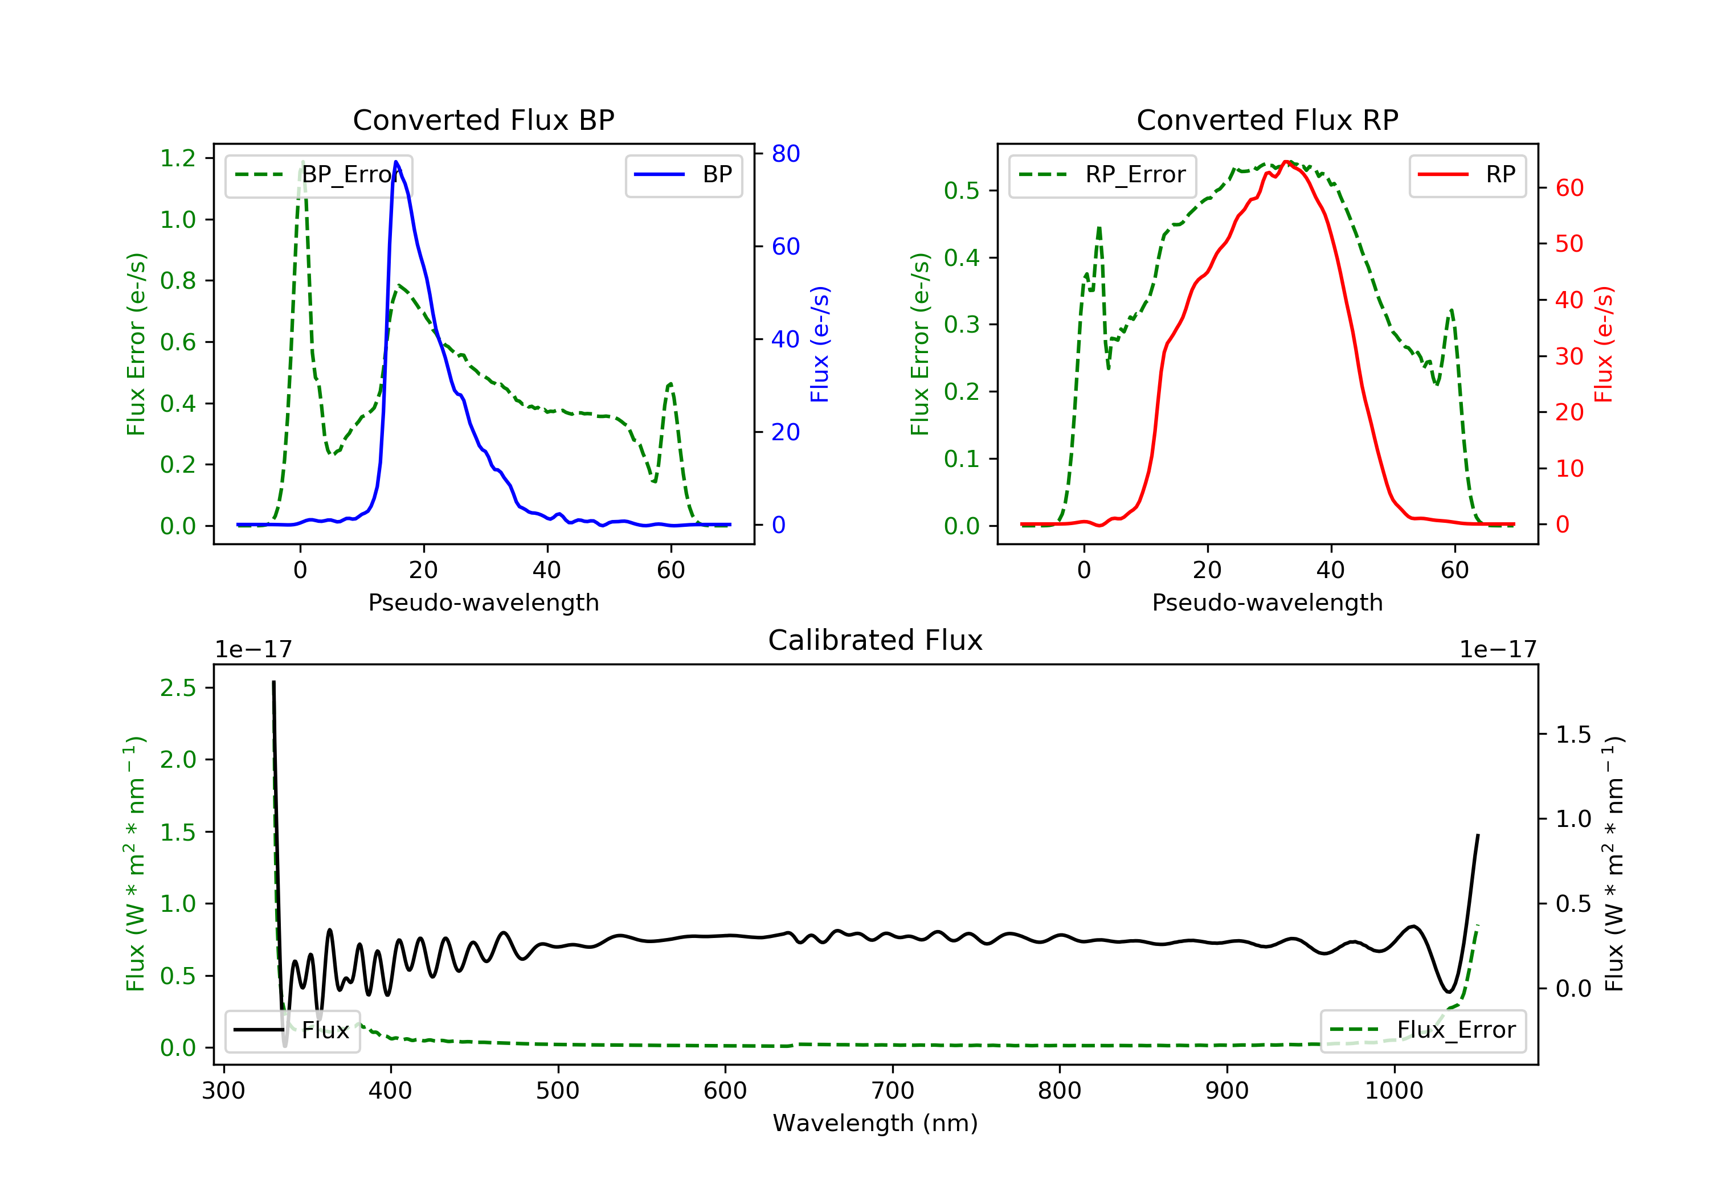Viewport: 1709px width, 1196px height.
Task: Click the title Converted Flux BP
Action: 483,120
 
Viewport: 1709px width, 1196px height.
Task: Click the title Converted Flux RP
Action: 1267,120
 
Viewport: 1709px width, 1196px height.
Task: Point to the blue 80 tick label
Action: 785,154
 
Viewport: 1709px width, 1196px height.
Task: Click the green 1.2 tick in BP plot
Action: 178,158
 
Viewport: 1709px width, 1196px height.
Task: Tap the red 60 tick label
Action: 1569,189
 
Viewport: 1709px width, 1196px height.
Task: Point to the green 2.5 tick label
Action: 178,687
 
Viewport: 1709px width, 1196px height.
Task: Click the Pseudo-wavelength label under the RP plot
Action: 1267,603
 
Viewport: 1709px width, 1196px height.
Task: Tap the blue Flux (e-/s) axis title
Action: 820,344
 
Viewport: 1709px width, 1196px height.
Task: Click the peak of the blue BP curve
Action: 396,162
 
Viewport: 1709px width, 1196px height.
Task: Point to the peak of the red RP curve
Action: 1286,162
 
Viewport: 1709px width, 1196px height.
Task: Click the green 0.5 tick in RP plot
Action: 961,191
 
